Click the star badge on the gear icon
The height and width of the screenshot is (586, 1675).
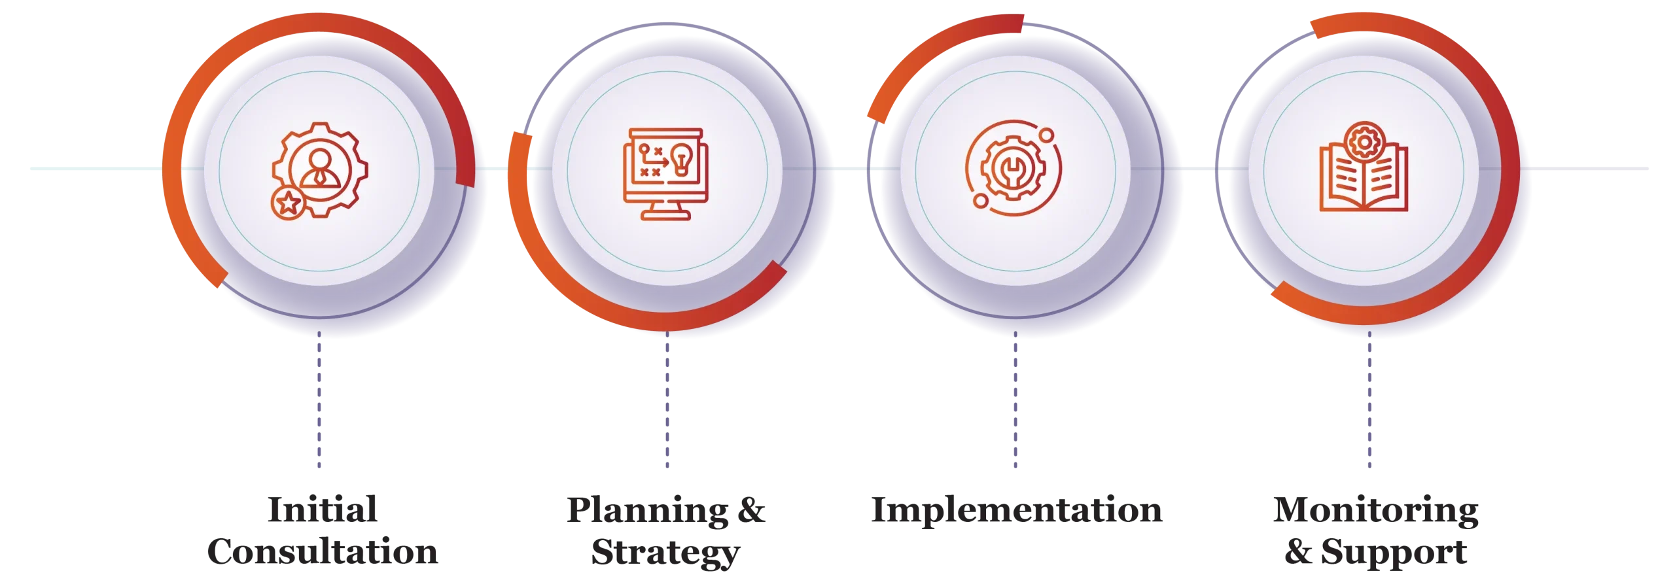pyautogui.click(x=287, y=204)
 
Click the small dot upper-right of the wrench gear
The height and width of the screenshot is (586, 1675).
pyautogui.click(x=1046, y=136)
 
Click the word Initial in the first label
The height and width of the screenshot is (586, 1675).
pyautogui.click(x=325, y=511)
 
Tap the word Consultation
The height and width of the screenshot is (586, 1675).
pyautogui.click(x=321, y=551)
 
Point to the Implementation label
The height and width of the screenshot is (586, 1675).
pyautogui.click(x=1017, y=511)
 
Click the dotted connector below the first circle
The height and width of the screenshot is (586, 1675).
pyautogui.click(x=319, y=402)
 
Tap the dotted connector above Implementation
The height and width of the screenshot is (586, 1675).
pyautogui.click(x=1015, y=402)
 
